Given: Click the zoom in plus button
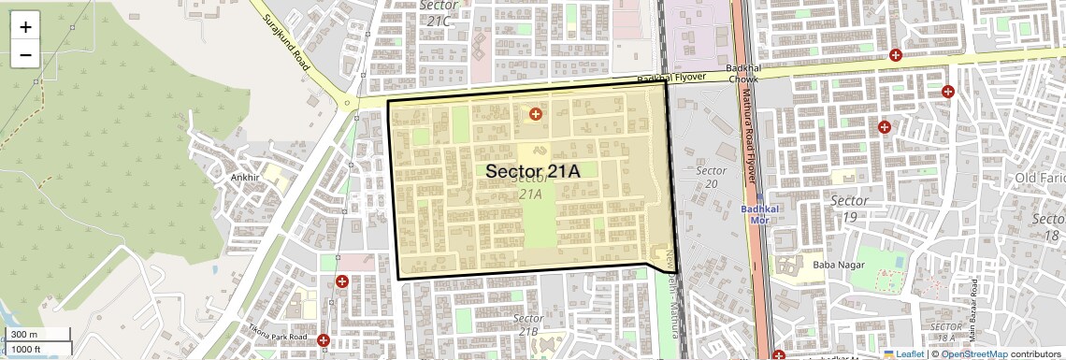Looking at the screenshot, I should point(25,26).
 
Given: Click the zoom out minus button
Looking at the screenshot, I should point(25,54).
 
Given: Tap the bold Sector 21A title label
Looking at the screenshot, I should point(533,171).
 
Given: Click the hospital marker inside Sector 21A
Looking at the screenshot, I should point(535,114).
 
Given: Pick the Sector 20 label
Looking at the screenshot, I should point(712,177).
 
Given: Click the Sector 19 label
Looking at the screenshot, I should point(849,209).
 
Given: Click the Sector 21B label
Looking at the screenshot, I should point(529,324).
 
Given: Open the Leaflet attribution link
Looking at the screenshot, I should point(903,353).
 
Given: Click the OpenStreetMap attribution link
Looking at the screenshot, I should point(973,353).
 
